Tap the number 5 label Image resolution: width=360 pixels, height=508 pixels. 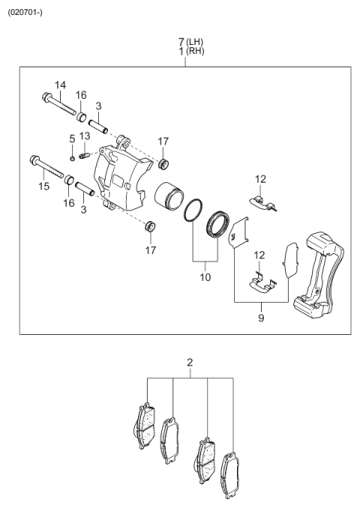[x=72, y=139]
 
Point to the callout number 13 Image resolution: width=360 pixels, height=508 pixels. [x=85, y=136]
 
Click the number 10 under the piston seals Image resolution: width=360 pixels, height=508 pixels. [x=205, y=277]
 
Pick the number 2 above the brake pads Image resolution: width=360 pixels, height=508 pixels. [x=190, y=363]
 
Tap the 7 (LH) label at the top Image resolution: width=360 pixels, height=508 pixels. [x=190, y=41]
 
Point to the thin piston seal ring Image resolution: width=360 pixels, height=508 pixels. [x=194, y=210]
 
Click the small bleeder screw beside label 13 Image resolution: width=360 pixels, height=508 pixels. [x=85, y=155]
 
